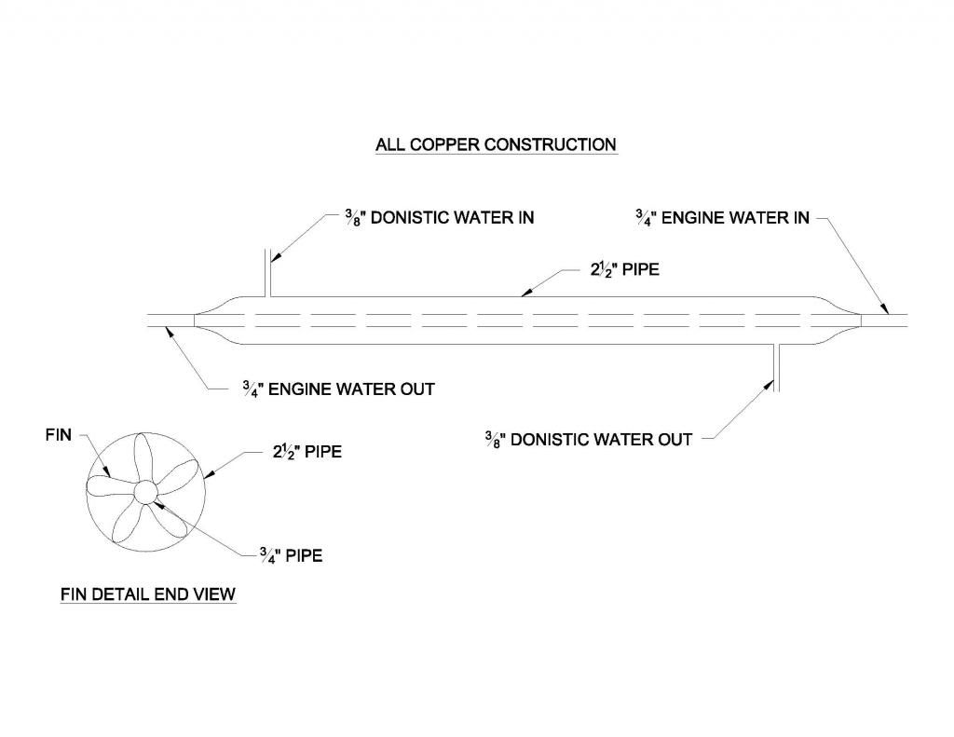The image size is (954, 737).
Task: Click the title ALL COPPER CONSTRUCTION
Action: [495, 145]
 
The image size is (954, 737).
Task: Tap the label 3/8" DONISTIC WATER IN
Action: [434, 218]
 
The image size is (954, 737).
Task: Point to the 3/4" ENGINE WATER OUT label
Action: [336, 389]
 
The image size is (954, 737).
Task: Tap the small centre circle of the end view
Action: [143, 491]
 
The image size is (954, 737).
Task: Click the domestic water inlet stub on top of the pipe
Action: [267, 271]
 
